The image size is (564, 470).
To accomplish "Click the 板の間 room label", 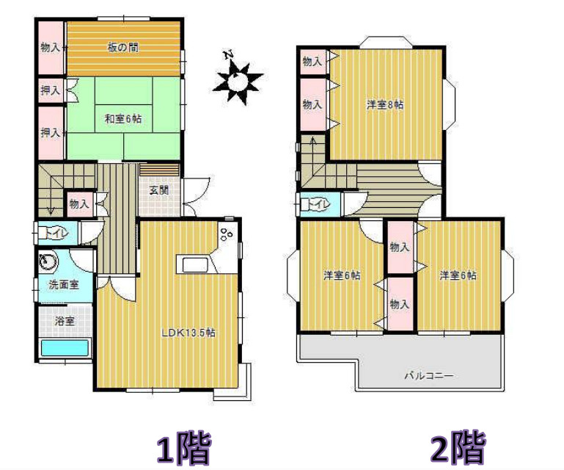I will pyautogui.click(x=123, y=48).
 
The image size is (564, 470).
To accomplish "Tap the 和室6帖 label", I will pyautogui.click(x=123, y=117).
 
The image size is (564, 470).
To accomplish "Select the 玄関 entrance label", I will pyautogui.click(x=159, y=190).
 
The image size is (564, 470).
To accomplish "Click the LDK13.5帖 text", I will pyautogui.click(x=188, y=331).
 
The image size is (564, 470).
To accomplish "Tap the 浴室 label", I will pyautogui.click(x=65, y=320).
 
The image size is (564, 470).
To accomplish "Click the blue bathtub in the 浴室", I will pyautogui.click(x=65, y=347).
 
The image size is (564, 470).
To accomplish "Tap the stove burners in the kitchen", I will pyautogui.click(x=226, y=235).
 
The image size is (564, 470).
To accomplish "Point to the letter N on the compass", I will pyautogui.click(x=229, y=55).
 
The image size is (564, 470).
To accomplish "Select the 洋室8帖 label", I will pyautogui.click(x=385, y=105).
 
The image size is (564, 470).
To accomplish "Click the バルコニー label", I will pyautogui.click(x=429, y=375).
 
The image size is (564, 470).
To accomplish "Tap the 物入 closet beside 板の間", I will pyautogui.click(x=51, y=48).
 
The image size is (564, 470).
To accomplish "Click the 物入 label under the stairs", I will pyautogui.click(x=79, y=203).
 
